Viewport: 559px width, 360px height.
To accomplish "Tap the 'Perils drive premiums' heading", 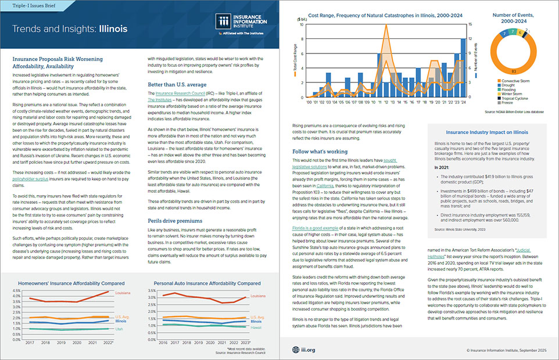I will pyautogui.click(x=170, y=222).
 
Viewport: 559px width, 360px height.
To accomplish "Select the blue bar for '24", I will pyautogui.click(x=463, y=67).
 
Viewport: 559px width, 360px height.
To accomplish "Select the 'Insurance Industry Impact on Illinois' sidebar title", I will pyautogui.click(x=488, y=132).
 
